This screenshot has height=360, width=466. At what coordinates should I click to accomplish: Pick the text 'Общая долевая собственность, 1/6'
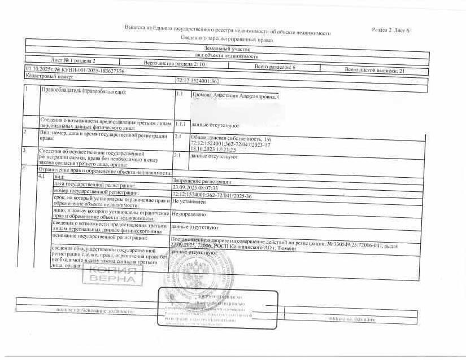coord(223,137)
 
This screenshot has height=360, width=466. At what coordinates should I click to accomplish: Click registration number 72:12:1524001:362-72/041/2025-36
coord(212,194)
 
